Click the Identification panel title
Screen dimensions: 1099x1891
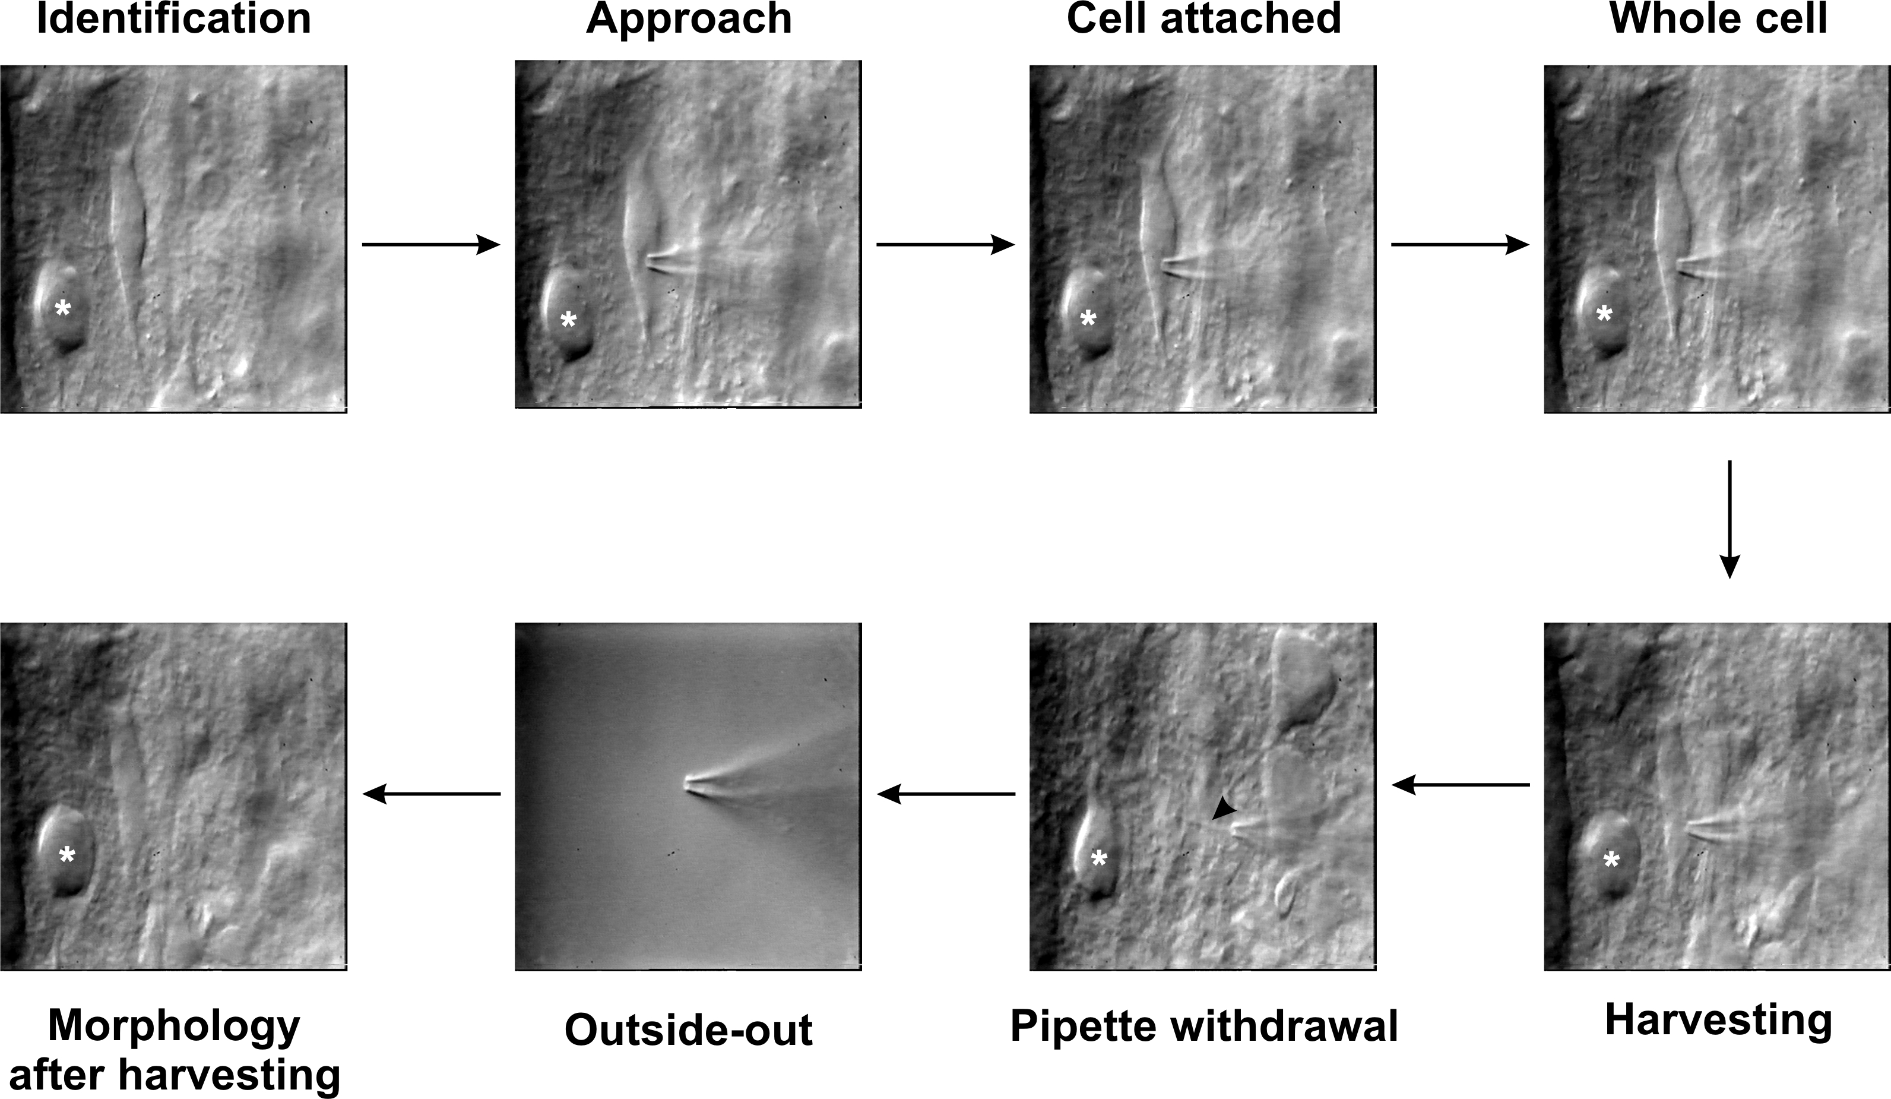pos(174,20)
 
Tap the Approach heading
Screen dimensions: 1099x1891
pos(689,20)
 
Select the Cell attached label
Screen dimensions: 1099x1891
pos(1203,20)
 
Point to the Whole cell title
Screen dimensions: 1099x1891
pos(1718,20)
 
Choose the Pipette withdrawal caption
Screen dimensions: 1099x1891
pos(1203,1025)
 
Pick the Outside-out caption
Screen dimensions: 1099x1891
pos(688,1030)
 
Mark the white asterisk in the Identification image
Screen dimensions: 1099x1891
pos(63,308)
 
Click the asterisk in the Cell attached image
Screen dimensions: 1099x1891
pos(1087,320)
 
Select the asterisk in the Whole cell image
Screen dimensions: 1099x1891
pos(1604,314)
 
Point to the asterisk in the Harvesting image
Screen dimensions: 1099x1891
pos(1611,860)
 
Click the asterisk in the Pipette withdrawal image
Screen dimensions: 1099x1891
pos(1098,859)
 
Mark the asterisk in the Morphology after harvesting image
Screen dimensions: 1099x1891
pos(66,854)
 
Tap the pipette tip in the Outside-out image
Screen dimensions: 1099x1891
pos(688,785)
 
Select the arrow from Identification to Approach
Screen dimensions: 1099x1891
pos(430,245)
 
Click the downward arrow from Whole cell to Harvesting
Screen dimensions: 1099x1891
pos(1729,519)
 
